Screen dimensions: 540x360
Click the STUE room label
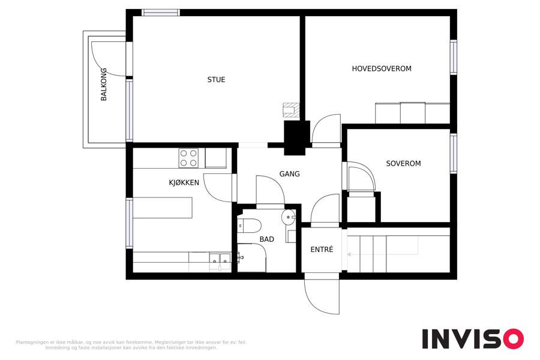pyautogui.click(x=216, y=80)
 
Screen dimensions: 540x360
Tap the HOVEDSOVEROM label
pyautogui.click(x=382, y=68)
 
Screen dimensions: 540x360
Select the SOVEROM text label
pyautogui.click(x=403, y=163)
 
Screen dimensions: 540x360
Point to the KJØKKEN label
pyautogui.click(x=184, y=182)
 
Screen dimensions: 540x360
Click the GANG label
pyautogui.click(x=289, y=174)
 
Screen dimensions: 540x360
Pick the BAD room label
pyautogui.click(x=267, y=239)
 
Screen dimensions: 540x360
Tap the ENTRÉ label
pyautogui.click(x=322, y=249)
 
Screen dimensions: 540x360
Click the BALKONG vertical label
pyautogui.click(x=104, y=85)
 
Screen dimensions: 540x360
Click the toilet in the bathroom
pyautogui.click(x=250, y=226)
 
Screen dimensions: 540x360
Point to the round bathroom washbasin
pyautogui.click(x=289, y=217)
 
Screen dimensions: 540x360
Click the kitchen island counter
pyautogui.click(x=163, y=208)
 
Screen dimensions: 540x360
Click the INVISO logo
pyautogui.click(x=473, y=338)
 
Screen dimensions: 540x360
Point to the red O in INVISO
pyautogui.click(x=513, y=338)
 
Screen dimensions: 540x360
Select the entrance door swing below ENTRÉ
pyautogui.click(x=322, y=293)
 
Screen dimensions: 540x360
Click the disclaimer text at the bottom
pyautogui.click(x=131, y=345)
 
